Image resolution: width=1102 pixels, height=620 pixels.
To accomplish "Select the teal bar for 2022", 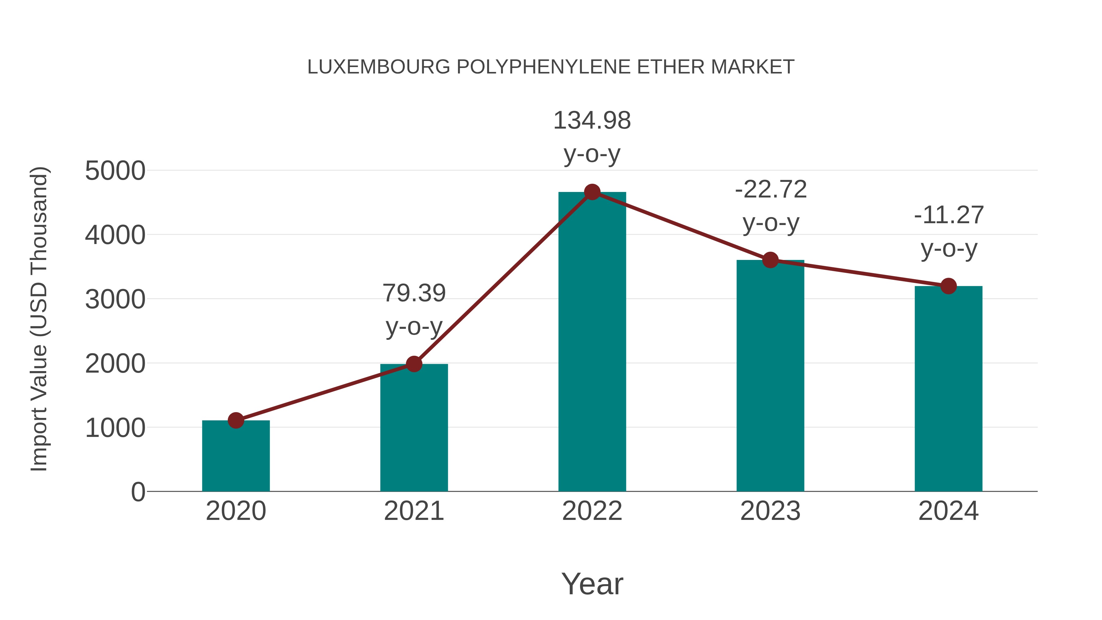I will point(592,342).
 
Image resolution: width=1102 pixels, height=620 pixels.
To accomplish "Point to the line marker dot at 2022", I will point(592,192).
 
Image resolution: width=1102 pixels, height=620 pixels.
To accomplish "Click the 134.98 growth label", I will point(592,121).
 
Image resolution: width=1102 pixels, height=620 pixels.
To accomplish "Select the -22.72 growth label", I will point(771,190).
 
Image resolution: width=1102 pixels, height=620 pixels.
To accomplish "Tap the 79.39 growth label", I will point(414,294).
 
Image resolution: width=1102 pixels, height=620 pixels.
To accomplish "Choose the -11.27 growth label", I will point(949,215).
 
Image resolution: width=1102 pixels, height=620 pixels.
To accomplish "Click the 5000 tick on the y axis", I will point(115,171).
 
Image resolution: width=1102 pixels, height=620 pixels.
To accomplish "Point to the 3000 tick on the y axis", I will point(115,299).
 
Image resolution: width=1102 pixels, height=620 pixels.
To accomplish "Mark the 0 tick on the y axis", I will point(138,492).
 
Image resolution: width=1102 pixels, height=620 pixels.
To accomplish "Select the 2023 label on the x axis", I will point(770,511).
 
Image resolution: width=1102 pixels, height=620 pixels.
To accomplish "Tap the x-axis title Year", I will point(592,584).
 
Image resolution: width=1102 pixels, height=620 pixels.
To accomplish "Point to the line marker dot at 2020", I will point(236,421).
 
